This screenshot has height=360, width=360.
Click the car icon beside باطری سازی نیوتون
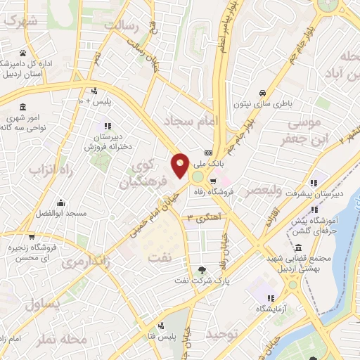pos(262,93)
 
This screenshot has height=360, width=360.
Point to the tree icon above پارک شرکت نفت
pos(203,269)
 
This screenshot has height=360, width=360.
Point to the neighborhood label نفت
pos(159,257)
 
